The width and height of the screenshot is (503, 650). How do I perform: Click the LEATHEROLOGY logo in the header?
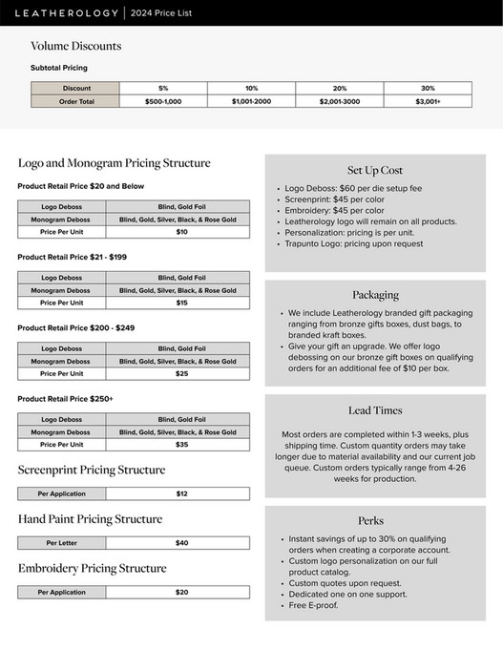(x=64, y=12)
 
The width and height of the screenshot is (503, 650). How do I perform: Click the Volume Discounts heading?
(x=75, y=46)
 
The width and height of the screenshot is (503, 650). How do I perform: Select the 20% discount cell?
(x=340, y=88)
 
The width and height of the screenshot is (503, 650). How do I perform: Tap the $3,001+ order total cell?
(x=428, y=101)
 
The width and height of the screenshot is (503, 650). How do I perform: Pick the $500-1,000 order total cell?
(x=163, y=101)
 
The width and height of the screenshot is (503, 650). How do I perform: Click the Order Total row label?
(x=76, y=101)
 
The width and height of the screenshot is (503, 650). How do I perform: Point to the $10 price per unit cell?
(x=181, y=232)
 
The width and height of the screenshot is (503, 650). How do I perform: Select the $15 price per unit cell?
(x=181, y=303)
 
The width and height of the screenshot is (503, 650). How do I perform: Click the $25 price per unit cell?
(x=181, y=374)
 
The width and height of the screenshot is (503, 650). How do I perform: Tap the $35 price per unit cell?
(x=181, y=445)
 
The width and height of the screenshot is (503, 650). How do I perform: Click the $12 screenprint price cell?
(x=181, y=494)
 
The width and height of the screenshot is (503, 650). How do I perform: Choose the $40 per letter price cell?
(x=181, y=543)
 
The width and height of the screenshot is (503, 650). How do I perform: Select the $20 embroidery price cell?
(x=181, y=593)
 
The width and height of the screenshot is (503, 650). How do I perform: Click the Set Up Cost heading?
(x=375, y=170)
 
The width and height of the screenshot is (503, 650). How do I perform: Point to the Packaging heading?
(x=375, y=295)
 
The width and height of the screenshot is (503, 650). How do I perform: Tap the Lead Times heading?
(x=375, y=410)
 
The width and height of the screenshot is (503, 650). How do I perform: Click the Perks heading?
(x=371, y=520)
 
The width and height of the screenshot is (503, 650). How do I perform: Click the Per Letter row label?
(x=62, y=543)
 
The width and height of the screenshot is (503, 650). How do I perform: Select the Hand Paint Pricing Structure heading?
(x=90, y=519)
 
